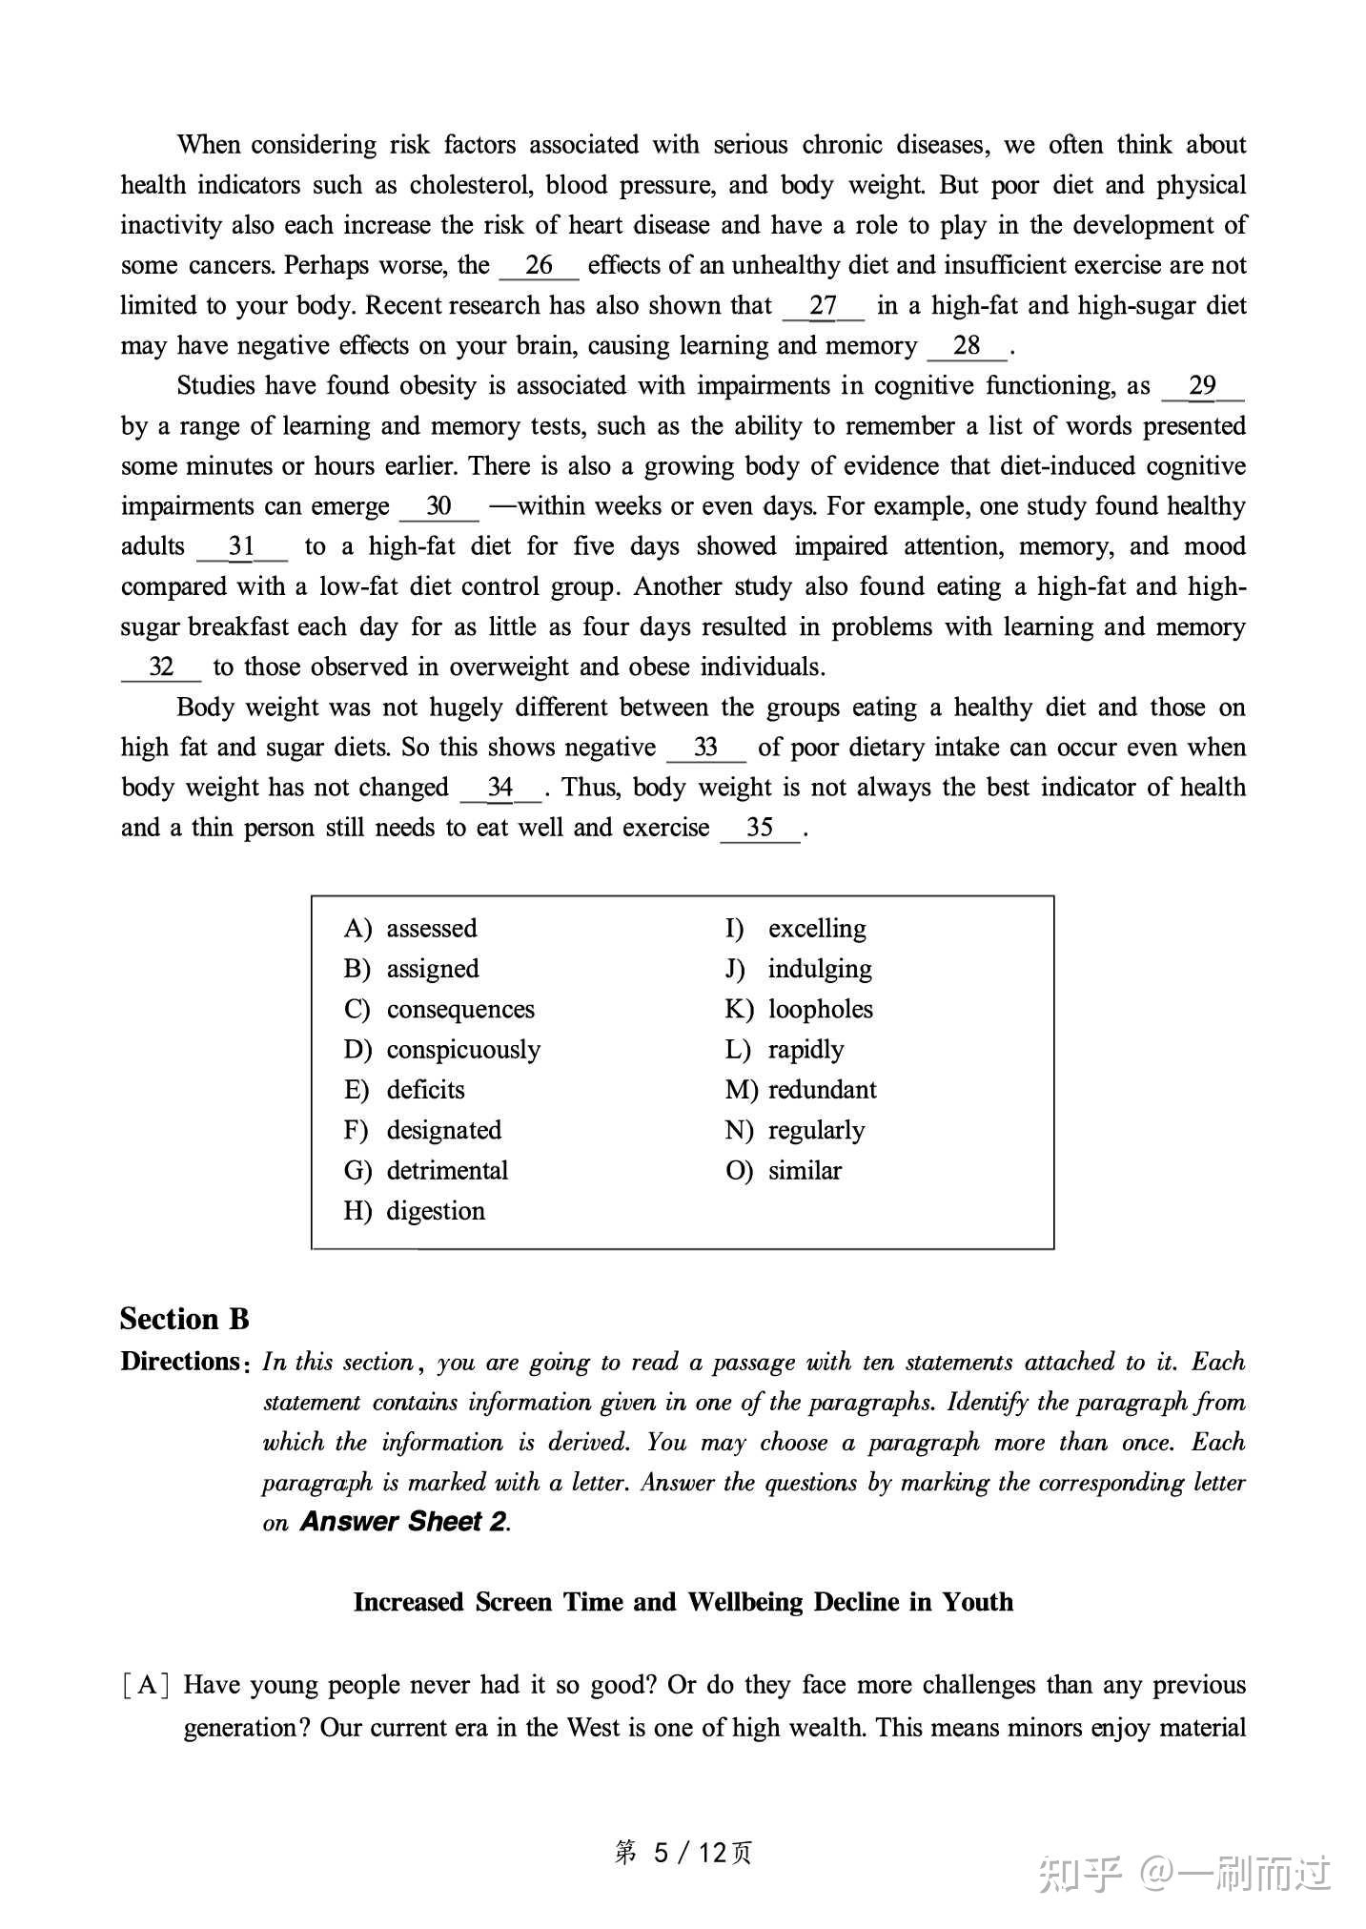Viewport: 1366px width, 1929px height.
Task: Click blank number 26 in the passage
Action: click(x=539, y=266)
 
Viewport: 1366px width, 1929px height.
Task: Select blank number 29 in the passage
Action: click(x=1203, y=386)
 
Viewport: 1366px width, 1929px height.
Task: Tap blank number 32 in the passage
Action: click(x=161, y=667)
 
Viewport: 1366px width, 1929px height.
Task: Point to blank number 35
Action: click(x=760, y=829)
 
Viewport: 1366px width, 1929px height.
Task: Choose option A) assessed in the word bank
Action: click(x=411, y=929)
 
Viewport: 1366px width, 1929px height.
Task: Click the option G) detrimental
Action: click(x=426, y=1171)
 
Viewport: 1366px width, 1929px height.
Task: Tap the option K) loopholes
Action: click(x=799, y=1010)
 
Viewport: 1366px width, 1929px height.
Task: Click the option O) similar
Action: click(x=784, y=1171)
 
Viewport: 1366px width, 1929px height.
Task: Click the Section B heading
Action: click(x=185, y=1320)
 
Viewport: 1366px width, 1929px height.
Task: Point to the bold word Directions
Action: click(x=180, y=1362)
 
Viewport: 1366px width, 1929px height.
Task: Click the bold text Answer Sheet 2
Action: click(x=403, y=1522)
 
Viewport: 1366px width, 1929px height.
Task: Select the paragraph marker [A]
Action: click(x=146, y=1685)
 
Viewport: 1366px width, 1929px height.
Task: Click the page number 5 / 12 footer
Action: click(x=683, y=1853)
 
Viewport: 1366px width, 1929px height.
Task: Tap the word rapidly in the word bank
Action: click(x=805, y=1050)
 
